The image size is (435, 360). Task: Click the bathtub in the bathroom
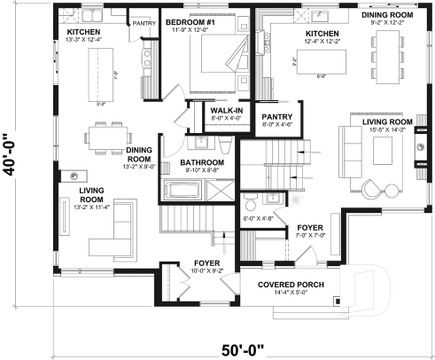tap(183, 192)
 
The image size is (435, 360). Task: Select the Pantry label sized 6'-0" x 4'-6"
tap(271, 120)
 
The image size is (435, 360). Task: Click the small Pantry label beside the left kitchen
tap(144, 24)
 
